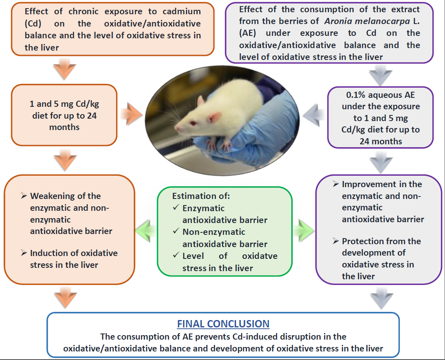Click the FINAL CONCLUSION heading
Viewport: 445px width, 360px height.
coord(223,324)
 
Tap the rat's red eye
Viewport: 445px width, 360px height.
coord(191,123)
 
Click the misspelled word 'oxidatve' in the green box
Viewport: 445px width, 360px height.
coord(260,256)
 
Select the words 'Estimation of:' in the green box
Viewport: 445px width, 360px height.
coord(201,196)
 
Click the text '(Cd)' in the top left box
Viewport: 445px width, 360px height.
coord(33,24)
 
